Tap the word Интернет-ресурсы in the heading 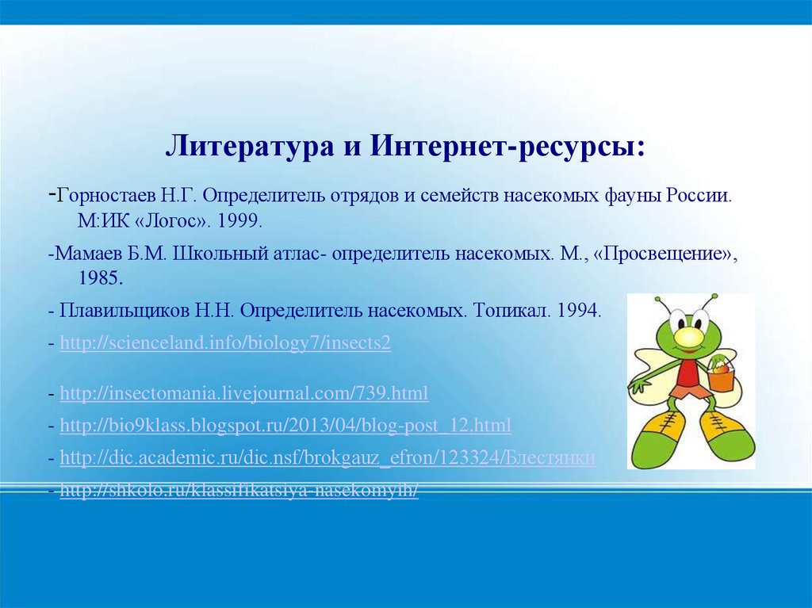point(504,146)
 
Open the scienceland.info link point(226,344)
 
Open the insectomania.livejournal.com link point(244,392)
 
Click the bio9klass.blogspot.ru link point(285,425)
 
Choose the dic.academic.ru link point(327,457)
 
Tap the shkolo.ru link point(239,491)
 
